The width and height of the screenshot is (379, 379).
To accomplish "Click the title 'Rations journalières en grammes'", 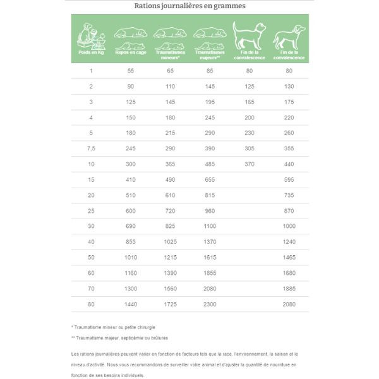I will tap(189, 7).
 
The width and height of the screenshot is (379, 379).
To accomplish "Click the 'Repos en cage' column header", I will tap(130, 54).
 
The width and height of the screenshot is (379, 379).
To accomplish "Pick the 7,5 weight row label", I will tap(91, 148).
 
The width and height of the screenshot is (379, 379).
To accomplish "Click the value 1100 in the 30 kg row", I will tap(208, 226).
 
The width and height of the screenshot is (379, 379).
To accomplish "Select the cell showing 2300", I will tap(208, 304).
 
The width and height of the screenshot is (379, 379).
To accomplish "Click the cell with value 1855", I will tap(208, 272).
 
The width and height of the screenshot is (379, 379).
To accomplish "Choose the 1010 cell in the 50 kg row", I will tap(131, 257).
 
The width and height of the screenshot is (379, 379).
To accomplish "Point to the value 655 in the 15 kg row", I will tap(208, 179).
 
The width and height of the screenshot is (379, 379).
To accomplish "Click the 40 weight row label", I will tap(91, 241).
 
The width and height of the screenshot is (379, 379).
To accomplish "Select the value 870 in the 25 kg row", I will tap(289, 210).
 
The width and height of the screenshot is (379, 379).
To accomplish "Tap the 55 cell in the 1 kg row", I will tap(131, 71).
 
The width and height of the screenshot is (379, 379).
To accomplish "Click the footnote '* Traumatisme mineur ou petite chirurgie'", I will tap(113, 327).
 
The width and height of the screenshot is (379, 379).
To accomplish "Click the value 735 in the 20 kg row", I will tap(289, 195).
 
